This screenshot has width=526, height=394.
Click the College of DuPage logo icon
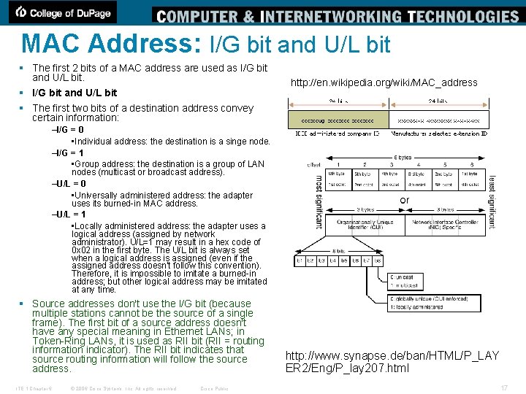22,12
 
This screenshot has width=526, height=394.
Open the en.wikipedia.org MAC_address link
384,82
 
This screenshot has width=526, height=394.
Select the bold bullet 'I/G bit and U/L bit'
75,93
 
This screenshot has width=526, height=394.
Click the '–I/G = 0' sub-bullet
68,130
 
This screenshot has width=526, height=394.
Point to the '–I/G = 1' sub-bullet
68,153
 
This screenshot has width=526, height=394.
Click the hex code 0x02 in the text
81,250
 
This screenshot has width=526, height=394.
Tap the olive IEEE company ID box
332,120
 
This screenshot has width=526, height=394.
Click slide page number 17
503,387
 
